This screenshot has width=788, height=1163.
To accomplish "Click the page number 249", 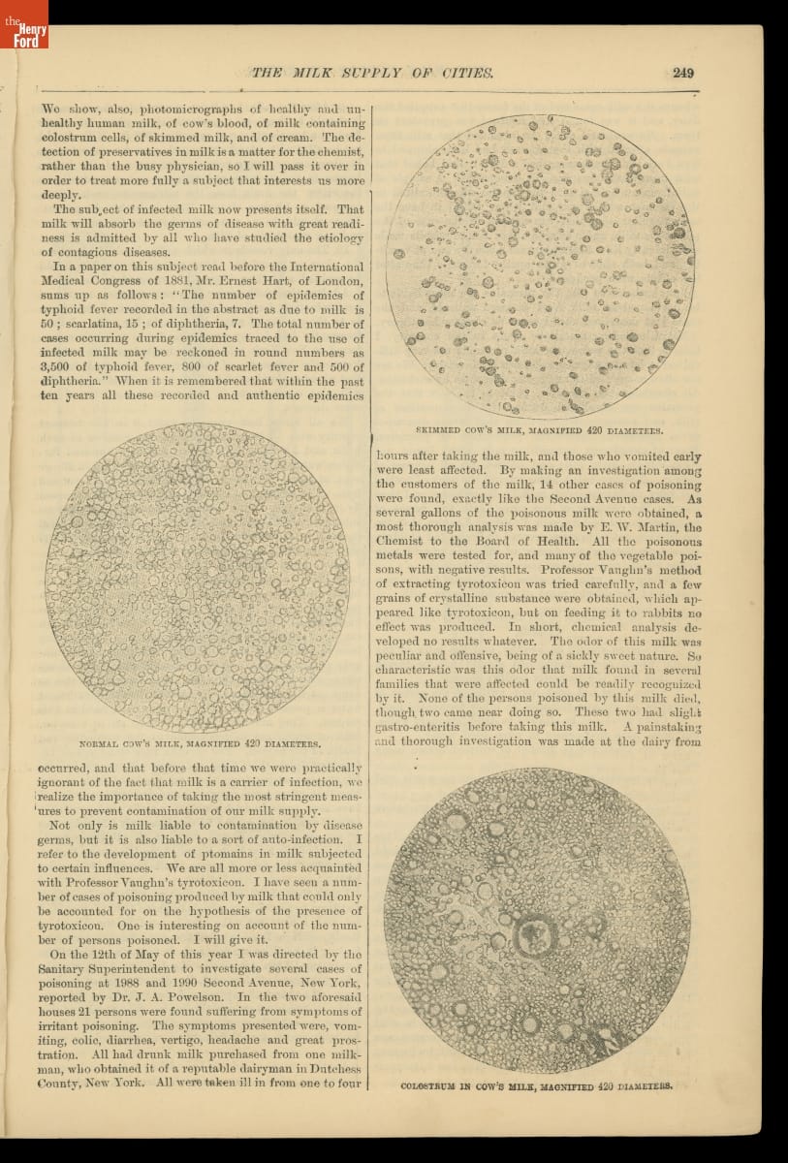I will coord(681,72).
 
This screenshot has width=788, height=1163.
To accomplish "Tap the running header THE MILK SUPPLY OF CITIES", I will coord(372,73).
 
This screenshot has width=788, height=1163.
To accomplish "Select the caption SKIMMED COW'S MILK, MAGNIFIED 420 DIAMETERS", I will coord(539,429).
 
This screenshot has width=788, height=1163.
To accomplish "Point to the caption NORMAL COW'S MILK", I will coord(199,744).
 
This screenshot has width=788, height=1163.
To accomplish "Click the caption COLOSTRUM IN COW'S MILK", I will coord(536,1085).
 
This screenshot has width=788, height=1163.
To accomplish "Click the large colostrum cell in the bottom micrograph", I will coord(531,934).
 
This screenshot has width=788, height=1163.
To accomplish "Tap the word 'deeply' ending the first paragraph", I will coord(63,195).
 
